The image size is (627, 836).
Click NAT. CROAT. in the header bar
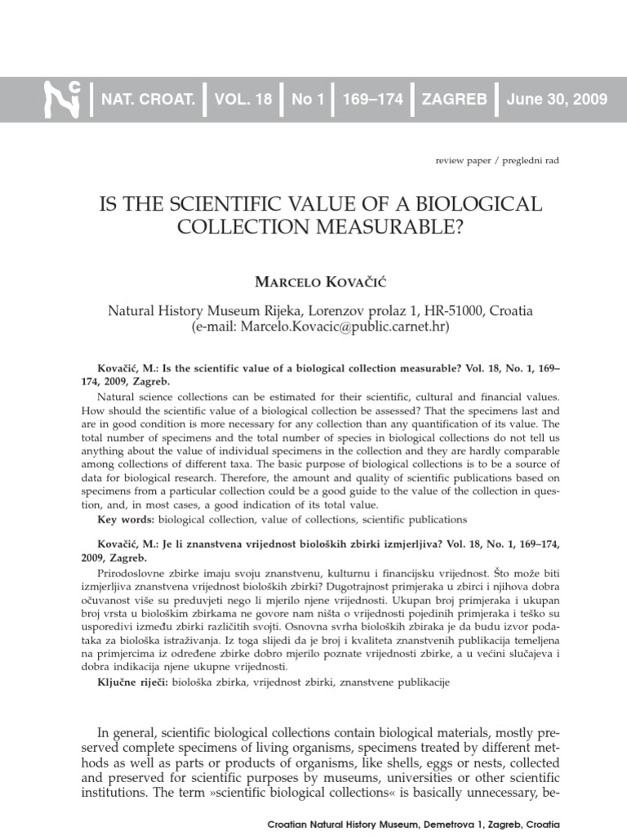point(148,100)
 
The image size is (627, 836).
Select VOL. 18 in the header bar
point(242,100)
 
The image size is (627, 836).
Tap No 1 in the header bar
point(308,100)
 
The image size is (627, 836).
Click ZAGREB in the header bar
point(454,100)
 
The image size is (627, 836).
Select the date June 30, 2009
point(557,100)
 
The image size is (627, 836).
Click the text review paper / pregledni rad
point(498,161)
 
